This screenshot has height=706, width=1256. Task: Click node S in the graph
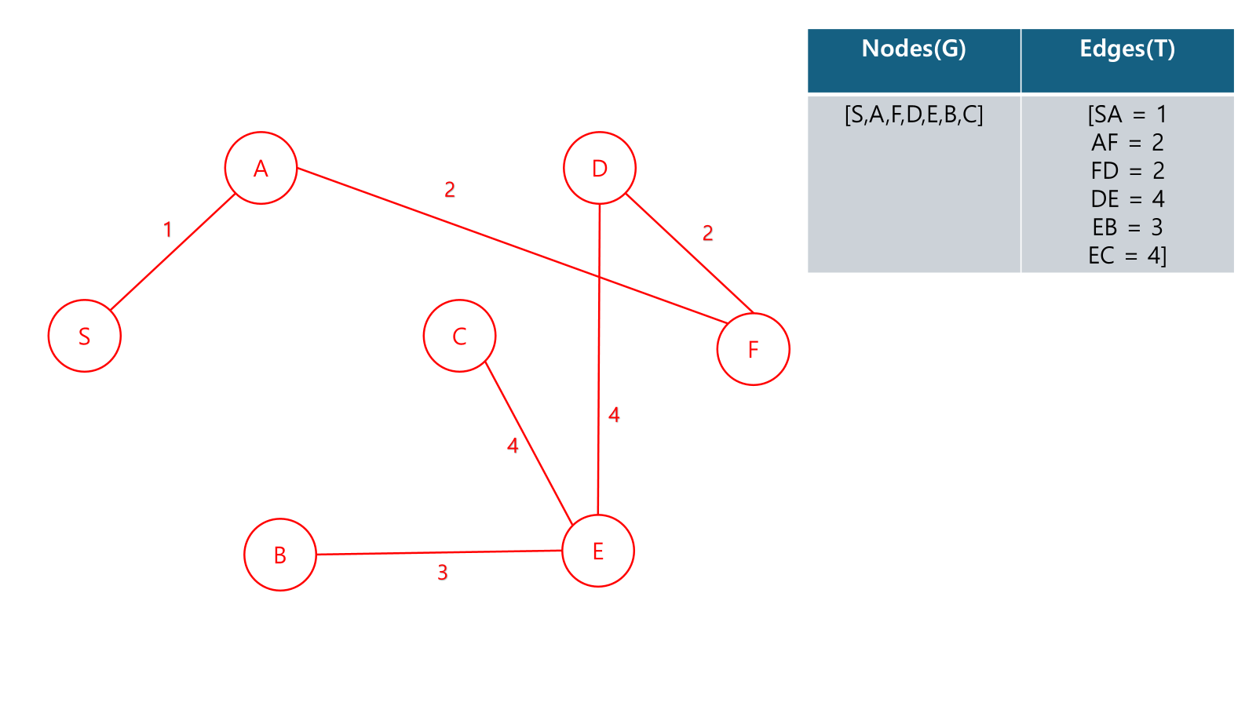tap(85, 336)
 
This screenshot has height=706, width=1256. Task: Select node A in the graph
tap(261, 168)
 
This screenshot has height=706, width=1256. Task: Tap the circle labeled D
tap(600, 168)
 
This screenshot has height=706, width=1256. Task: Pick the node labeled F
tap(753, 349)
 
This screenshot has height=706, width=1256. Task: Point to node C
tap(459, 336)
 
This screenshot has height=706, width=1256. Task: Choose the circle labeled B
tap(280, 555)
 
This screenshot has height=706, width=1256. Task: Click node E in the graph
tap(598, 551)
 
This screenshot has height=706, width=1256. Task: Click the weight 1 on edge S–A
tap(167, 230)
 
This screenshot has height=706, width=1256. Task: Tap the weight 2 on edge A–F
tap(450, 190)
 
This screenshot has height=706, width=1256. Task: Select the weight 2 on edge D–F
tap(707, 233)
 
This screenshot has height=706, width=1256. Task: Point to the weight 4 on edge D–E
tap(614, 415)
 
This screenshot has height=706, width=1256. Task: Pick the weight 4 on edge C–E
tap(513, 446)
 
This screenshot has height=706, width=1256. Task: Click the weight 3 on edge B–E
tap(443, 573)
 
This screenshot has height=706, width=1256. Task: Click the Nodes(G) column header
tap(914, 49)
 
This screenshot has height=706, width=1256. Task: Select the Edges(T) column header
tap(1127, 49)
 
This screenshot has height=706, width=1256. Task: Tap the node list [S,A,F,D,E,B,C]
tap(914, 115)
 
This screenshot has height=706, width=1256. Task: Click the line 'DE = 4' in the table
tap(1127, 199)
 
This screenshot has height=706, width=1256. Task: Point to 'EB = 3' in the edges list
tap(1127, 227)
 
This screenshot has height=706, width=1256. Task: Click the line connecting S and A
tap(173, 252)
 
